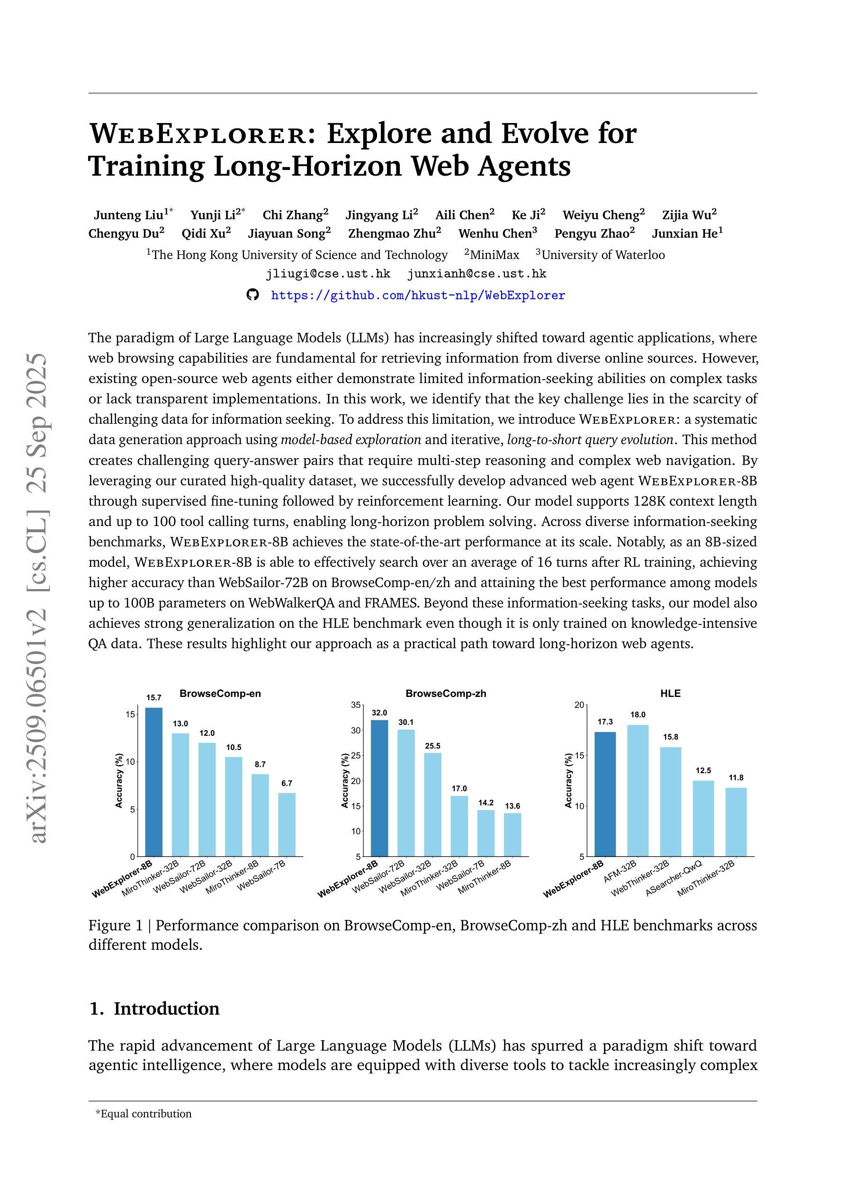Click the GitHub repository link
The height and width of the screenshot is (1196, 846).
click(x=418, y=295)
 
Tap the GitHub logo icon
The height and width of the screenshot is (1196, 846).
click(x=252, y=295)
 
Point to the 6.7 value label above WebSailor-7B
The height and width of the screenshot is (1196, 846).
click(x=287, y=783)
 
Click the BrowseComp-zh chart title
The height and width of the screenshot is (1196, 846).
click(x=446, y=693)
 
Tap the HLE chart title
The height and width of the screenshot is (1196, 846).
click(x=670, y=693)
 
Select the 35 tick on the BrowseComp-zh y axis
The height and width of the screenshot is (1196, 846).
click(x=355, y=705)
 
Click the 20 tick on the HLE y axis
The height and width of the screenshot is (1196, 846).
click(x=579, y=705)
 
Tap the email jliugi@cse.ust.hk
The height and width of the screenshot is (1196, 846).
click(x=328, y=274)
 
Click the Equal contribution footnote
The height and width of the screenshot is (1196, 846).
click(x=144, y=1114)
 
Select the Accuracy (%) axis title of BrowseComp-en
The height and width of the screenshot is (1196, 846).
click(x=119, y=780)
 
